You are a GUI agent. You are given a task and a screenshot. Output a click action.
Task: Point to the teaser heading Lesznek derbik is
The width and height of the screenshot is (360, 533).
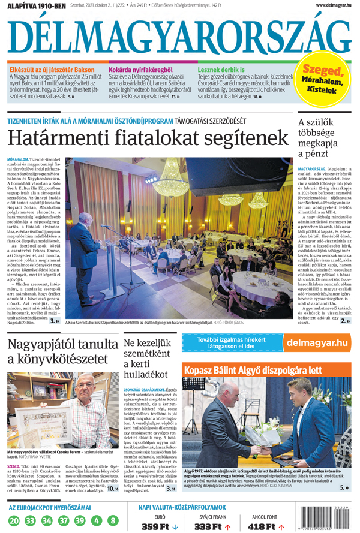click(226, 70)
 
